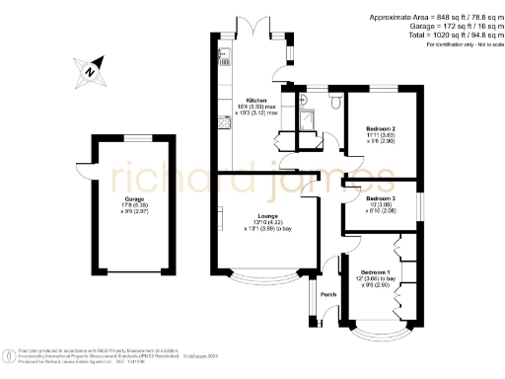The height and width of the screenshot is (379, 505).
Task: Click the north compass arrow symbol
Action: point(89,69)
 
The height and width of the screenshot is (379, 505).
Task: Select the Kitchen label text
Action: point(256,100)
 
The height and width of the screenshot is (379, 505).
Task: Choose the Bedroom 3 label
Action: point(380,198)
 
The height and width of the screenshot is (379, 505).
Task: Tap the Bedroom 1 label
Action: point(375,271)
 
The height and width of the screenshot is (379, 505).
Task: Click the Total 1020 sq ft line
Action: point(438,36)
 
